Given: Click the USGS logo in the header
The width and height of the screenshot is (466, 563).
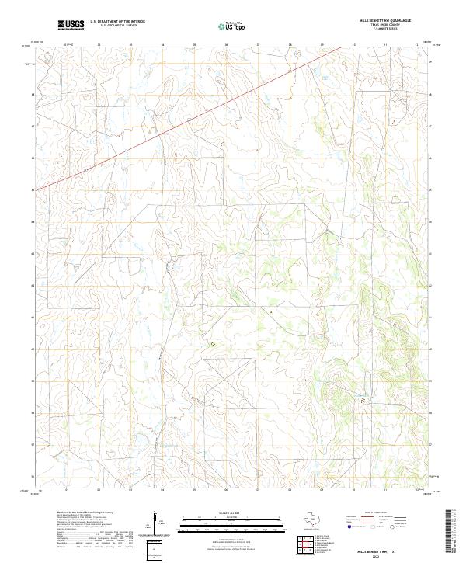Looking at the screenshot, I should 71,26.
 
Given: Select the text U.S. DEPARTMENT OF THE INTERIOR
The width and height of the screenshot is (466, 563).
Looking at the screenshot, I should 117,23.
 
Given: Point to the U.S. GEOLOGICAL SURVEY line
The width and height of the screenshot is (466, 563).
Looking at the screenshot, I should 117,26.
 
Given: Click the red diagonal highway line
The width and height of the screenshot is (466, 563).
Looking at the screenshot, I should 194,116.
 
